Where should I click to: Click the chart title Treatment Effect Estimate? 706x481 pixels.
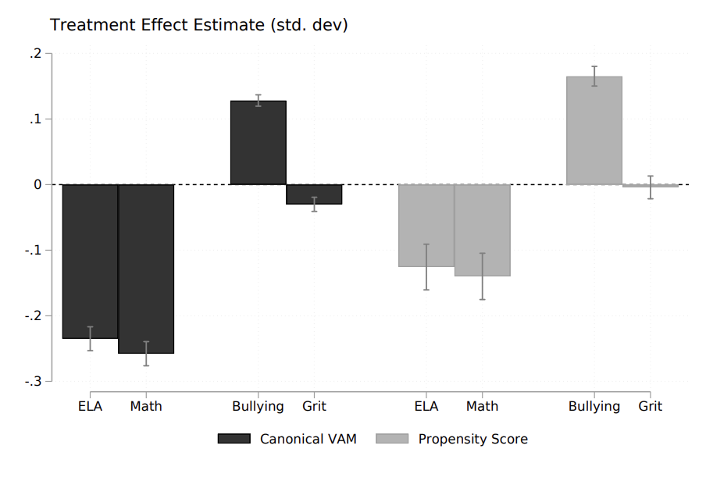point(198,25)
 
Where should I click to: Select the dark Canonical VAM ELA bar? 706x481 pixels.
point(90,261)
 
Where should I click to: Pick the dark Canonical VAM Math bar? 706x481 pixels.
point(146,269)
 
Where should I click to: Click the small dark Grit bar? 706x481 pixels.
point(314,194)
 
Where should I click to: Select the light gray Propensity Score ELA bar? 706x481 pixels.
point(426,226)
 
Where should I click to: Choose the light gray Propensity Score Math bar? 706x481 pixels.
point(482,230)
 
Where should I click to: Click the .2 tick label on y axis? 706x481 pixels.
point(34,54)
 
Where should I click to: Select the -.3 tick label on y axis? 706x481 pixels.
point(32,382)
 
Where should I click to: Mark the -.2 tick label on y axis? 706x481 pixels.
point(32,316)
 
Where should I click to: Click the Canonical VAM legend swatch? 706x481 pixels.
point(234,440)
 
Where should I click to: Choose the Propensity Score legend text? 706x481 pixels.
point(472,440)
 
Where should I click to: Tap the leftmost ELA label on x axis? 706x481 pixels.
point(90,407)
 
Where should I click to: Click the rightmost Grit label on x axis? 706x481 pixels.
point(650,407)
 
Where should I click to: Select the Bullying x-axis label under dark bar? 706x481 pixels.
point(258,407)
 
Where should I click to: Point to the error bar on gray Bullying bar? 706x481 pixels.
point(594,76)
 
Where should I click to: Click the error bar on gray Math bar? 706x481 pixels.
point(482,276)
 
